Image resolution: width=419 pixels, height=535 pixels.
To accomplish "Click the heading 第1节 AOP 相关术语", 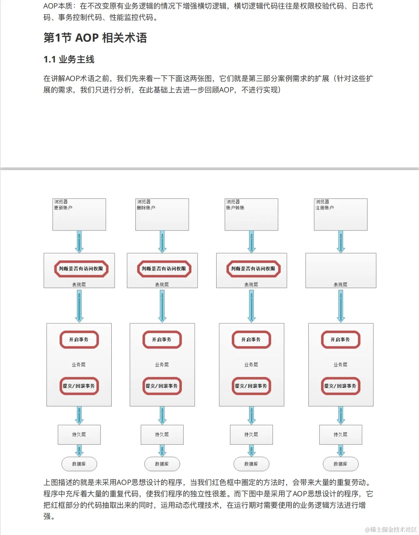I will click(x=95, y=38).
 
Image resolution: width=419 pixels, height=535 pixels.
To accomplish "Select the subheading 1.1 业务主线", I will click(x=69, y=60).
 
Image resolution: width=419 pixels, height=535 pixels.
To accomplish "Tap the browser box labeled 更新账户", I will click(x=79, y=215).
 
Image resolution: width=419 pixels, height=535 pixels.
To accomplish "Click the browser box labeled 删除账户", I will click(x=162, y=215).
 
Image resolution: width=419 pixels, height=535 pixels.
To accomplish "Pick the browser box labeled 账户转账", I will click(x=251, y=215).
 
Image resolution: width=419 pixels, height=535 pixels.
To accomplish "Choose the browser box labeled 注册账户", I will click(x=341, y=215).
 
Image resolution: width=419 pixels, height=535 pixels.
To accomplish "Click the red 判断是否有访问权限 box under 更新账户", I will click(x=81, y=269).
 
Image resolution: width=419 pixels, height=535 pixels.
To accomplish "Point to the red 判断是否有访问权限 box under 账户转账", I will click(x=253, y=269).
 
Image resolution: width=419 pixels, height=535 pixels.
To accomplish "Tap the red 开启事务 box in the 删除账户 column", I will click(x=162, y=340).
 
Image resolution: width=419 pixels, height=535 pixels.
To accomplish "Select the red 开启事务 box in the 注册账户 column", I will click(x=341, y=340).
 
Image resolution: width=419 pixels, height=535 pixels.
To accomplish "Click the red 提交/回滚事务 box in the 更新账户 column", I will click(x=79, y=386).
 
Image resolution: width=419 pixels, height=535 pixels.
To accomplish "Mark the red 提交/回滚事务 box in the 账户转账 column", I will click(x=251, y=386).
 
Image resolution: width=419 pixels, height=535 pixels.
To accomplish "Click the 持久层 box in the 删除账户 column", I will click(x=162, y=435).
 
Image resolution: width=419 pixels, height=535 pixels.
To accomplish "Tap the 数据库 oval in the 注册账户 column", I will click(x=341, y=464).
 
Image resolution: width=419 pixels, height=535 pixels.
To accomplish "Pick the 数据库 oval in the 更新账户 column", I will click(x=79, y=464).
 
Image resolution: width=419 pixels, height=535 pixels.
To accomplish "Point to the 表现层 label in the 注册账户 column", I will click(x=341, y=285).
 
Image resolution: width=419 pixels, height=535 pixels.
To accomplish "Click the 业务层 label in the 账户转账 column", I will click(x=251, y=365).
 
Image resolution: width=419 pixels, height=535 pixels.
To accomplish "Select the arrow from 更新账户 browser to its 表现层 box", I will click(x=79, y=242).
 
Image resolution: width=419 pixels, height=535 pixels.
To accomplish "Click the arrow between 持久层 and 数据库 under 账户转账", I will click(x=251, y=451).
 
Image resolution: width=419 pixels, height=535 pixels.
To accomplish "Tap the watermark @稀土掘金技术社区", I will click(x=391, y=529).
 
